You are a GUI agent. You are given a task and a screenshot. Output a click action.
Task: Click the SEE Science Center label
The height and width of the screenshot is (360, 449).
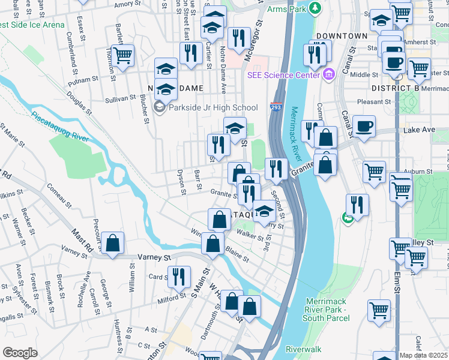285,75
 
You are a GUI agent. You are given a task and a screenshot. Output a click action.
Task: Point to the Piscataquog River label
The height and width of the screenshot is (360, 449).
59,127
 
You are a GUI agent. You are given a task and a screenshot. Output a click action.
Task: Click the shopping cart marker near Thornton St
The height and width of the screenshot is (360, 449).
122,56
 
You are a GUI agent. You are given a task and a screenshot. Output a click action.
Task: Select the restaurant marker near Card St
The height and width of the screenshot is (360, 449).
178,277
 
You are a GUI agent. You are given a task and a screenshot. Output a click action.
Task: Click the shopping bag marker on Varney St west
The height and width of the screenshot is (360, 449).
112,244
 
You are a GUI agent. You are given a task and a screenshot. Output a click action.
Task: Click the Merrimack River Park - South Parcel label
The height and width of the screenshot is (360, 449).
327,309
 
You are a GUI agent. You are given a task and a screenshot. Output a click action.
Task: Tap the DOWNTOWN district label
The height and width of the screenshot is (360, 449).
342,36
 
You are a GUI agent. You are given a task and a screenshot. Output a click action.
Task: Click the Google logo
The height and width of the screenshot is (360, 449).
20,352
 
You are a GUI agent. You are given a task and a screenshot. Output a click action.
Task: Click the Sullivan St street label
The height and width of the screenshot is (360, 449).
121,99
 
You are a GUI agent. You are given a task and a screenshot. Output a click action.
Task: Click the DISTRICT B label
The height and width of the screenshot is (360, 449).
395,88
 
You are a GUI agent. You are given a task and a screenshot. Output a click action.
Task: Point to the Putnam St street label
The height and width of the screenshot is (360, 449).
83,79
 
